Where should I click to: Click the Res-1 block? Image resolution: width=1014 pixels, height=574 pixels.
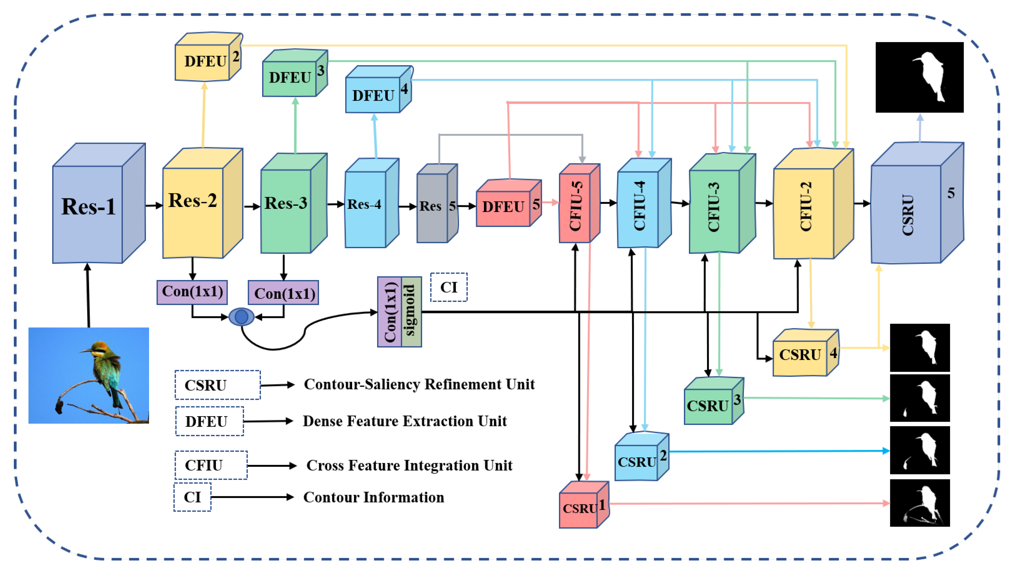tap(99, 203)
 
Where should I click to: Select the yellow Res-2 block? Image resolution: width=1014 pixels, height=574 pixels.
tap(202, 203)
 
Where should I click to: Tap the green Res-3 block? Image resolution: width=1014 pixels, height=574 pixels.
tap(294, 203)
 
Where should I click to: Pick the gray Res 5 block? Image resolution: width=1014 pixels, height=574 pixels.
tap(437, 203)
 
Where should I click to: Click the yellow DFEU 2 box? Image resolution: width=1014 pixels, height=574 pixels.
tap(208, 57)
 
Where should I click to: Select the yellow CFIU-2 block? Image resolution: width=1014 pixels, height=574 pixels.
tap(813, 204)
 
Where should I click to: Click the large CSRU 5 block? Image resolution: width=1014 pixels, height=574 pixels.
tap(918, 203)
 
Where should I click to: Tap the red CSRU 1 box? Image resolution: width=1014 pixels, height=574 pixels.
tap(584, 505)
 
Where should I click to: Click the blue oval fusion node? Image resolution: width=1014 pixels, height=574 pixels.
tap(242, 317)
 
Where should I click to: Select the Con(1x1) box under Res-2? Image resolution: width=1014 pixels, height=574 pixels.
tap(192, 292)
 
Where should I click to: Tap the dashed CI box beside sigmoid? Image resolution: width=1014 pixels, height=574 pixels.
tap(449, 287)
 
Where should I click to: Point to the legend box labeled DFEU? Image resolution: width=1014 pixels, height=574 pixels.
tap(210, 421)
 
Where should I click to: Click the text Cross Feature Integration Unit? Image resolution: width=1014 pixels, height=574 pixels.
tap(409, 466)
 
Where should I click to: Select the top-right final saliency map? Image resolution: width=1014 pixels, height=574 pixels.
tap(919, 77)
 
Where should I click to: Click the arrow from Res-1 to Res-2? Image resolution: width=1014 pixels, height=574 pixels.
tap(154, 205)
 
